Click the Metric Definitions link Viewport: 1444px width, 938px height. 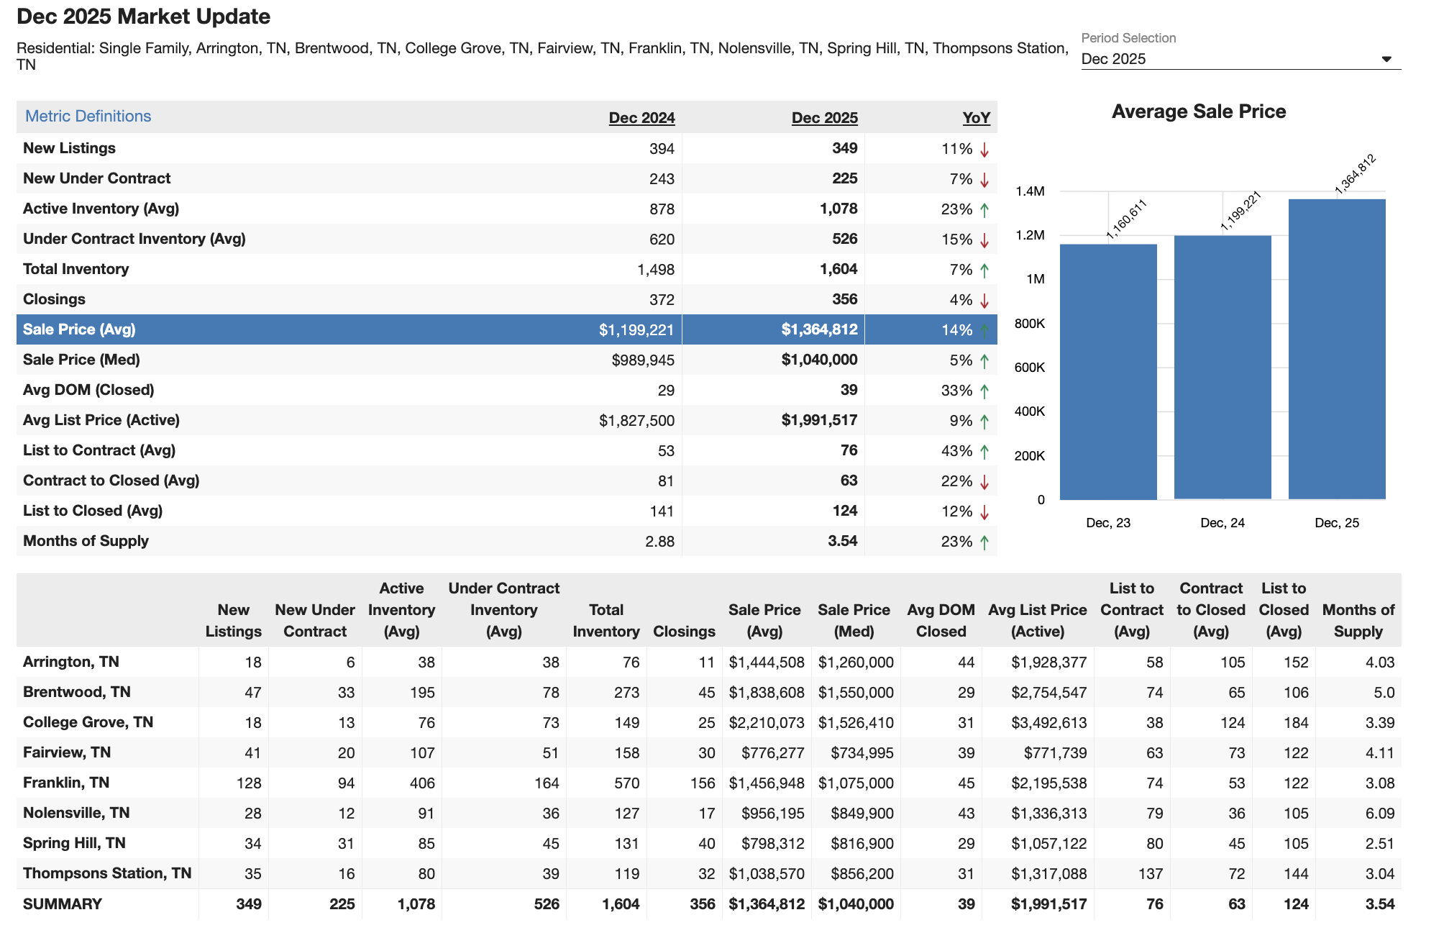click(x=88, y=117)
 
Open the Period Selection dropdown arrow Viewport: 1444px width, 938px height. click(x=1386, y=59)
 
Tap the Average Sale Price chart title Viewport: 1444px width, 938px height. click(x=1198, y=111)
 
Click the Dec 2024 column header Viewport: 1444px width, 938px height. click(x=641, y=118)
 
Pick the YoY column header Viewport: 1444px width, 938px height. click(x=976, y=118)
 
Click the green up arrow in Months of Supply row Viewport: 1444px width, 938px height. click(x=984, y=542)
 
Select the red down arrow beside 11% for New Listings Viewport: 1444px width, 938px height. click(x=984, y=150)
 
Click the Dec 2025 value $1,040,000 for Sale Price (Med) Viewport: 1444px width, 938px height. click(x=819, y=360)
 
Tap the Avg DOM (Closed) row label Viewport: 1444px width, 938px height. click(x=88, y=390)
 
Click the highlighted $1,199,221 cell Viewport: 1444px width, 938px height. click(x=636, y=330)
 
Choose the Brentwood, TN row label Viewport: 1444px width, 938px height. click(x=77, y=692)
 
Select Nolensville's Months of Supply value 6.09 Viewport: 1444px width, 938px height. click(x=1379, y=814)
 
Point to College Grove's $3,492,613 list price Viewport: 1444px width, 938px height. click(x=1048, y=723)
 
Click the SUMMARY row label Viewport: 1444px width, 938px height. click(x=63, y=904)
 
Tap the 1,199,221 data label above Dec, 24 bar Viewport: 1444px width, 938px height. click(x=1241, y=211)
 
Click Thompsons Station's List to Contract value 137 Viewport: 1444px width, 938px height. click(x=1150, y=874)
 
